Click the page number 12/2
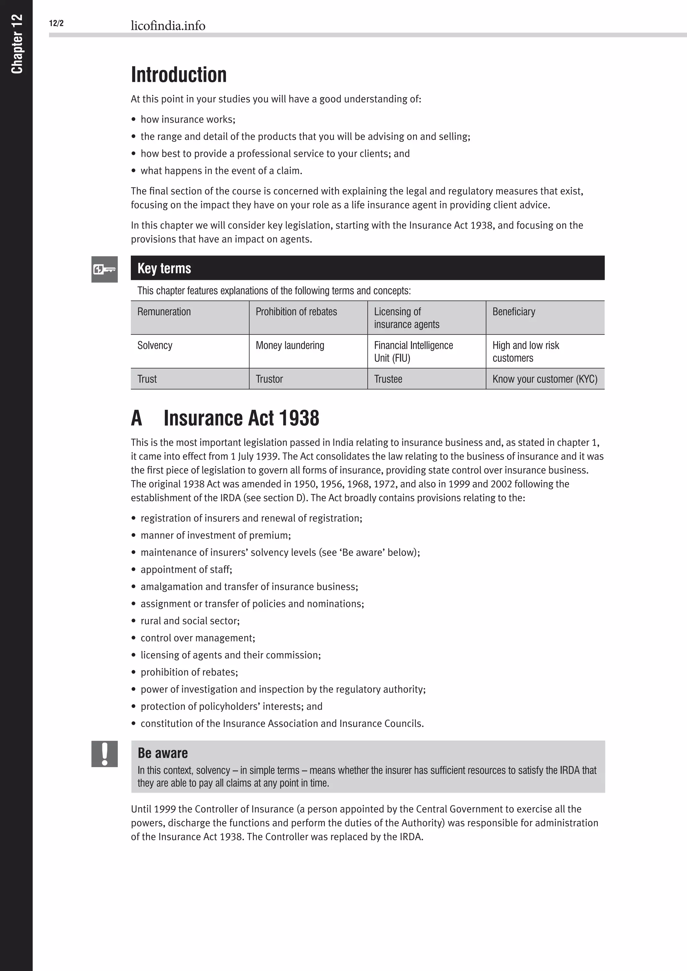pos(56,23)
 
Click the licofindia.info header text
pos(168,26)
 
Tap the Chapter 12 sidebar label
pos(16,44)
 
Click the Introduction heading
pos(178,75)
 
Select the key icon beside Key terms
pos(104,269)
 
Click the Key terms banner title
pos(164,268)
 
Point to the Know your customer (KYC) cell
pos(544,379)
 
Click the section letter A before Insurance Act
pos(136,418)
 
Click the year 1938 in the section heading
pos(299,418)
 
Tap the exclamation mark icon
pos(104,754)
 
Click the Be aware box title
pos(163,753)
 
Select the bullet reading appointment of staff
pos(186,570)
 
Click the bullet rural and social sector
pos(190,621)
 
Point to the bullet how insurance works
pos(188,120)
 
